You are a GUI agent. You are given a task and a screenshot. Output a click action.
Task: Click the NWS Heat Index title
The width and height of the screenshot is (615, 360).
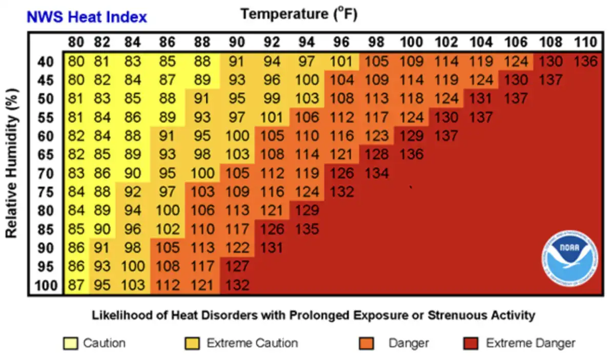pos(87,17)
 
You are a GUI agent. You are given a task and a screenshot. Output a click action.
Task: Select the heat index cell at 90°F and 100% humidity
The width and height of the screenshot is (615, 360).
pos(237,285)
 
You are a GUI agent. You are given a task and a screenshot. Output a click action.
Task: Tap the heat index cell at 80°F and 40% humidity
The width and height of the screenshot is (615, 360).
pos(76,61)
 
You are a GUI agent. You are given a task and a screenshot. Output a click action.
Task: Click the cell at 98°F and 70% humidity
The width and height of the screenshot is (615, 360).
pos(377,173)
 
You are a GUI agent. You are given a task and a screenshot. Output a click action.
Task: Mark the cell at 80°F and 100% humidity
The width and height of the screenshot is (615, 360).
pos(76,285)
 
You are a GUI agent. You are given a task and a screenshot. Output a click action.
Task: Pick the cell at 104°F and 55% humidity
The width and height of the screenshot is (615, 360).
pos(480,117)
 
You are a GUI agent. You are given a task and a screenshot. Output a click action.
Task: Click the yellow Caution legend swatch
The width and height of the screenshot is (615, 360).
pos(70,343)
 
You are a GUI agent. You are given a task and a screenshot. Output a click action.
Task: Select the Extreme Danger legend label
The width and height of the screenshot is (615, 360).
pos(530,343)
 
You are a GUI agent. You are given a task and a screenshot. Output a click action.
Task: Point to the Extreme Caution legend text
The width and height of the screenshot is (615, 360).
pos(252,343)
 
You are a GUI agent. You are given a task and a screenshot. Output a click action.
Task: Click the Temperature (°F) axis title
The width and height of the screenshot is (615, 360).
pos(299,14)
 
